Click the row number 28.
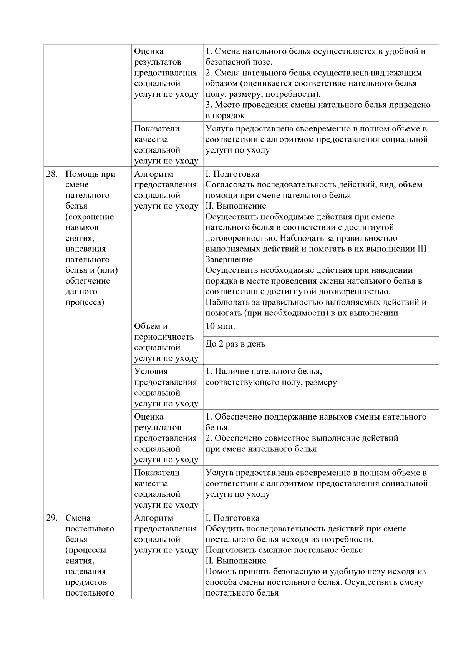[52, 174]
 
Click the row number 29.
[52, 518]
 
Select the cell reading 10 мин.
[221, 327]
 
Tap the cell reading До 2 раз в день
[235, 344]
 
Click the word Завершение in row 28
[229, 260]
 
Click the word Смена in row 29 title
[78, 518]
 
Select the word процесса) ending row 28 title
[85, 302]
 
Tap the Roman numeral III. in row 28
[423, 249]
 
